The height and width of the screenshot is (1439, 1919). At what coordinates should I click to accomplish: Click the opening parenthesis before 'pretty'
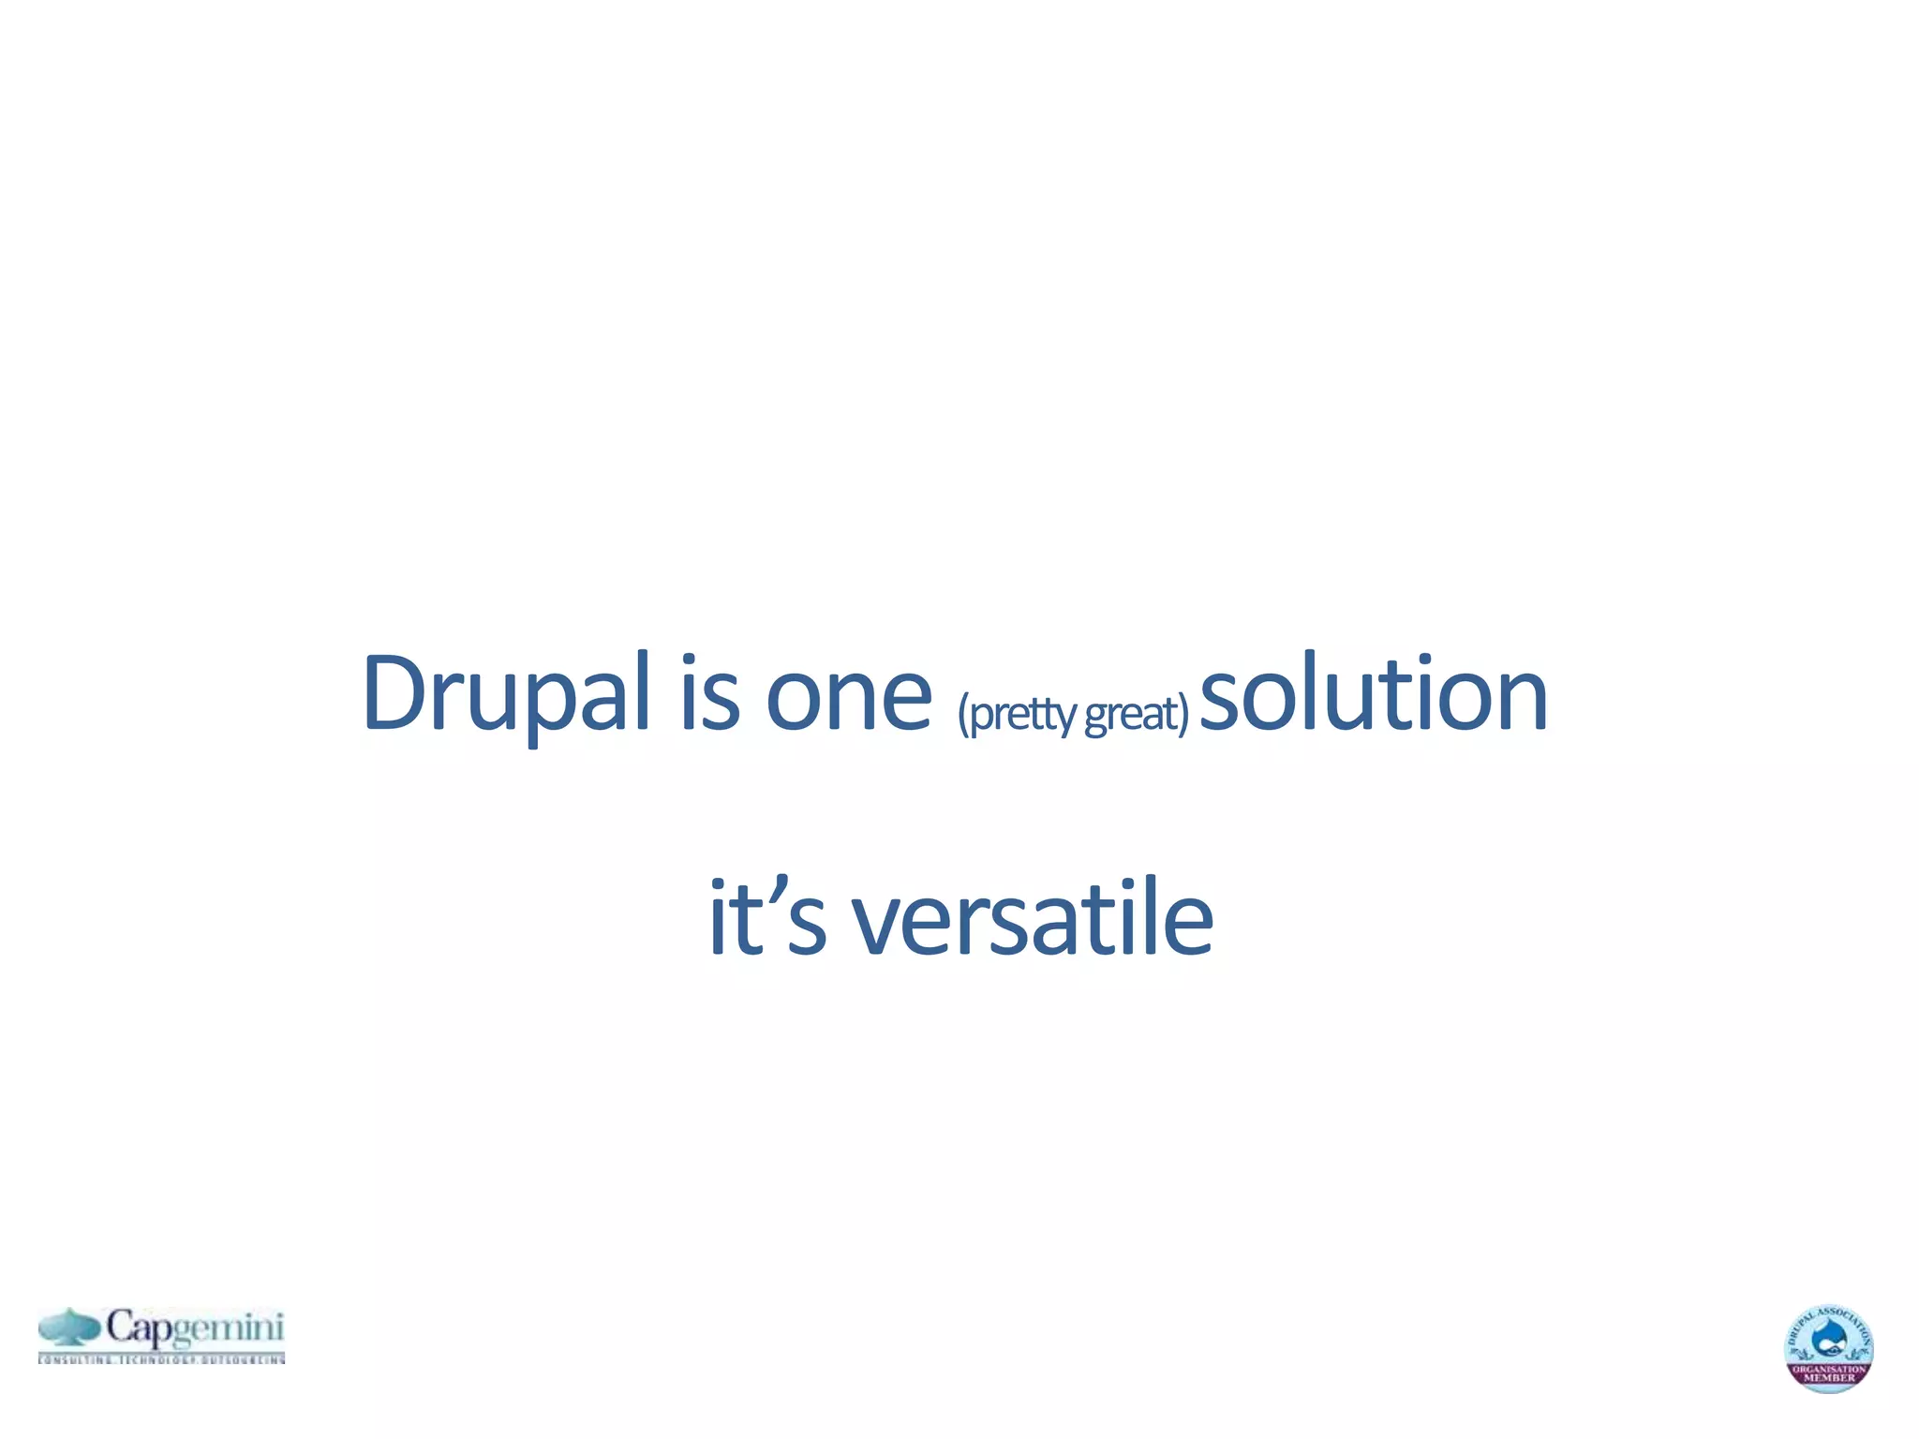pyautogui.click(x=962, y=714)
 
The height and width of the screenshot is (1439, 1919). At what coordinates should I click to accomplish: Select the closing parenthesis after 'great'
pyautogui.click(x=1183, y=714)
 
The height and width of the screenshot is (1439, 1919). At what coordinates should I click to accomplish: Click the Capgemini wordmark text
pyautogui.click(x=194, y=1328)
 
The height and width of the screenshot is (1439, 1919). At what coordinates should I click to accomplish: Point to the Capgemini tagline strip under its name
pyautogui.click(x=161, y=1358)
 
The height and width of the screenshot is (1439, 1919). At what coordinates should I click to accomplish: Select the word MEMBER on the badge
pyautogui.click(x=1829, y=1378)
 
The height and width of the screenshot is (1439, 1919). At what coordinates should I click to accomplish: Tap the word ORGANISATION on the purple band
pyautogui.click(x=1829, y=1369)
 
